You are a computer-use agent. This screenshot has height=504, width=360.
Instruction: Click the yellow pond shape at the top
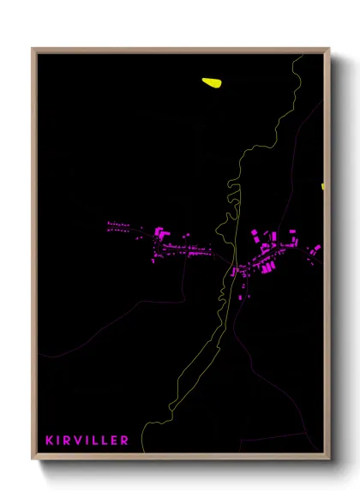click(212, 82)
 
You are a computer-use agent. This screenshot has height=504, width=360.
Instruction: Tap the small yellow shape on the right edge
click(323, 186)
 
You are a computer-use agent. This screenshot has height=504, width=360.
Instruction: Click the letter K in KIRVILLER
click(49, 441)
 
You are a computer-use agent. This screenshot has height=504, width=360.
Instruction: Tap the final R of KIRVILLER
click(125, 441)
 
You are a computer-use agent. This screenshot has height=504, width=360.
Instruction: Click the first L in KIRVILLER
click(95, 441)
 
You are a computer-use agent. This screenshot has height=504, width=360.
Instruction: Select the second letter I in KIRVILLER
click(87, 441)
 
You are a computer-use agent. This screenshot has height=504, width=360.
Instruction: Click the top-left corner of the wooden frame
click(33, 50)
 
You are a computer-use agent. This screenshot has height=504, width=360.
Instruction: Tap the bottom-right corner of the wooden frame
click(328, 459)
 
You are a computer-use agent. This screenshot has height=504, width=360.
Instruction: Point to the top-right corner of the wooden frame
click(328, 50)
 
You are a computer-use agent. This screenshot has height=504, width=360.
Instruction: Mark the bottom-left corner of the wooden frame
click(33, 459)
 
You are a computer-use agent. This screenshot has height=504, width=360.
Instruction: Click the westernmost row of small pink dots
click(119, 226)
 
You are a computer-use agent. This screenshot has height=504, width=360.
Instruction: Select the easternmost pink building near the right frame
click(317, 249)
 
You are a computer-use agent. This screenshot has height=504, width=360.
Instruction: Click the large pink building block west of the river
click(159, 231)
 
